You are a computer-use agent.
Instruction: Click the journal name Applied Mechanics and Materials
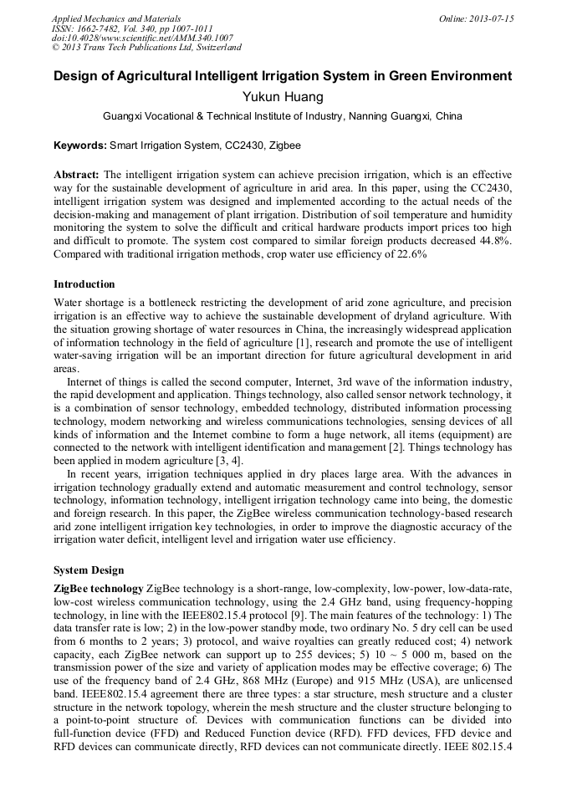click(116, 18)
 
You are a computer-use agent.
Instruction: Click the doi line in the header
click(142, 38)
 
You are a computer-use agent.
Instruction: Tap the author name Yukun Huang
click(283, 97)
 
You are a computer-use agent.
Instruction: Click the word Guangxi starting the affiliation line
click(122, 116)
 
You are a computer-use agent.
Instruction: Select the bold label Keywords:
click(80, 146)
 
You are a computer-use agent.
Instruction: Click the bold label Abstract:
click(77, 175)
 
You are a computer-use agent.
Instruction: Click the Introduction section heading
click(84, 284)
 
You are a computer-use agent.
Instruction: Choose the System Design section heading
click(89, 570)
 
